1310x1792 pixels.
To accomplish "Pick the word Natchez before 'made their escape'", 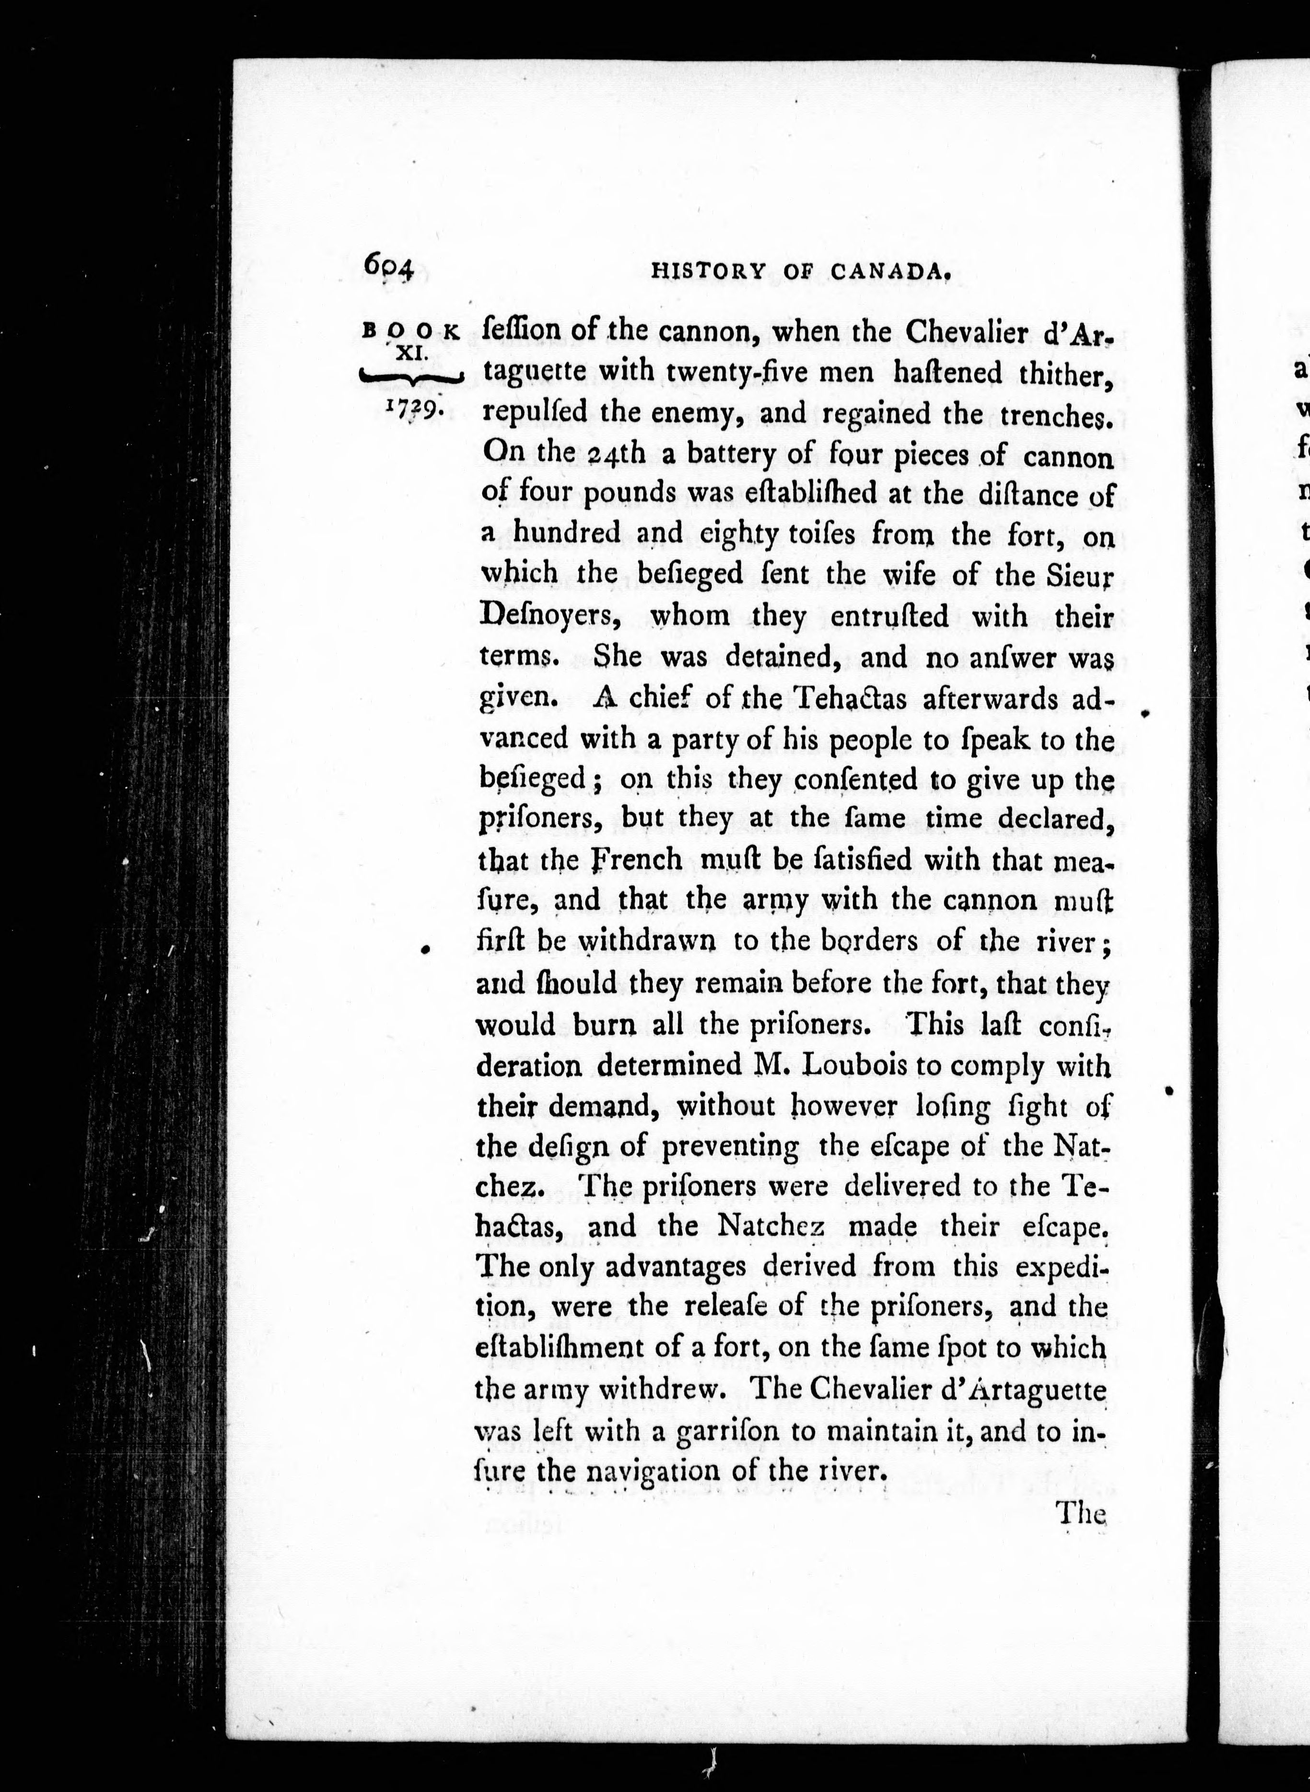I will (x=772, y=1226).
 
